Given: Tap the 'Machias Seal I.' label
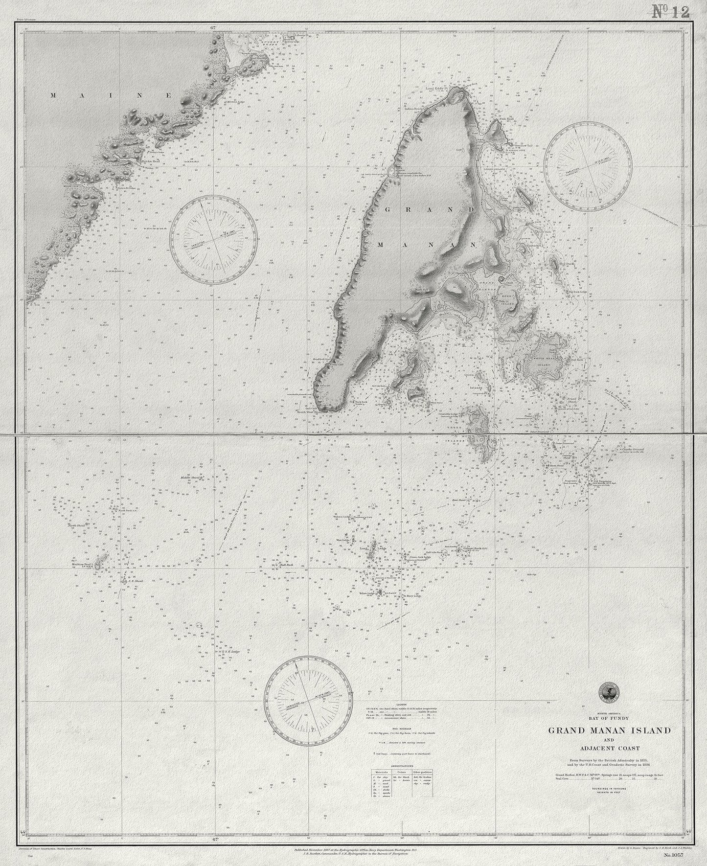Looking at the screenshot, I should [x=83, y=563].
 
